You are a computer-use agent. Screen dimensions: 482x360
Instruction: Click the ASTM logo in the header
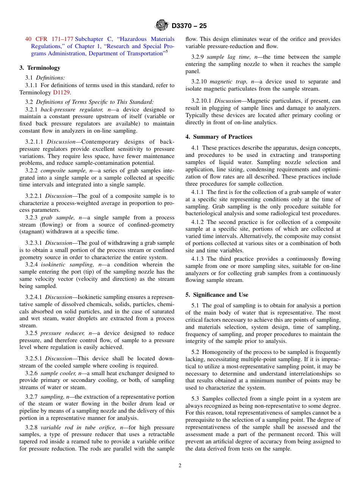162,26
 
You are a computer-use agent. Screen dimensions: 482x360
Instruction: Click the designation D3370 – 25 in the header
189,26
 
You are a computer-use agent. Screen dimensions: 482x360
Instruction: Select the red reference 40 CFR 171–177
49,39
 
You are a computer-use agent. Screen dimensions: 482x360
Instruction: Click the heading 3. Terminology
40,68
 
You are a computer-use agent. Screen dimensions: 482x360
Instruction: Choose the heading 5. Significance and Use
217,295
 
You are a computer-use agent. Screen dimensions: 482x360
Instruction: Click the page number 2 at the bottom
180,466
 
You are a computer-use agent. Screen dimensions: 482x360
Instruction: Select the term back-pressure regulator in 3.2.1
71,110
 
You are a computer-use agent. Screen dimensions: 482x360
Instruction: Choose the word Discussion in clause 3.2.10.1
228,101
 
